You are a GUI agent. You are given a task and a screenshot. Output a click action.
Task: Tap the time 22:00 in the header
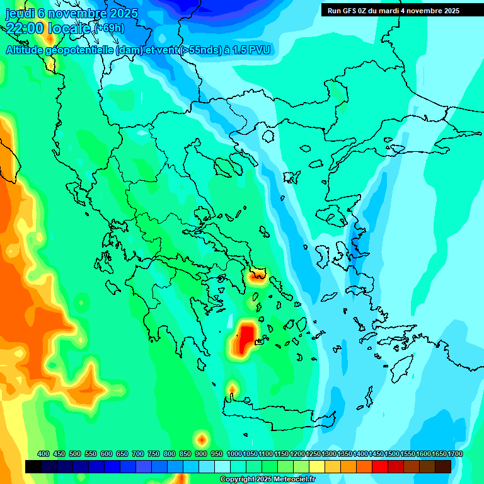click(25, 28)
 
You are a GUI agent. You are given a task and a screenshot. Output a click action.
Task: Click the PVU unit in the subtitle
click(259, 50)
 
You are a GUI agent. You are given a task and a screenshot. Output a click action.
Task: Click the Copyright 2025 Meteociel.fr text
click(267, 480)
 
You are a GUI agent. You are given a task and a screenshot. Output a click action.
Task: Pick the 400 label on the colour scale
click(43, 454)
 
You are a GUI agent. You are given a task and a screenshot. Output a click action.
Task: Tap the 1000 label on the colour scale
click(234, 454)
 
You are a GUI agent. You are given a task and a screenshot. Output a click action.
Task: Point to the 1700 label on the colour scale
click(455, 454)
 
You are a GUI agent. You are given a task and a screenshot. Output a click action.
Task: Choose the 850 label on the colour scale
click(185, 454)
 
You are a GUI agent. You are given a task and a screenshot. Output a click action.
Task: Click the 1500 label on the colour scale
click(392, 454)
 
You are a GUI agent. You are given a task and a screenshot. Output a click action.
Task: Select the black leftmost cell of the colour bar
click(33, 466)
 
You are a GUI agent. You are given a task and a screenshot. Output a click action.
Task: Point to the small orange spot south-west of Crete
click(202, 438)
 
